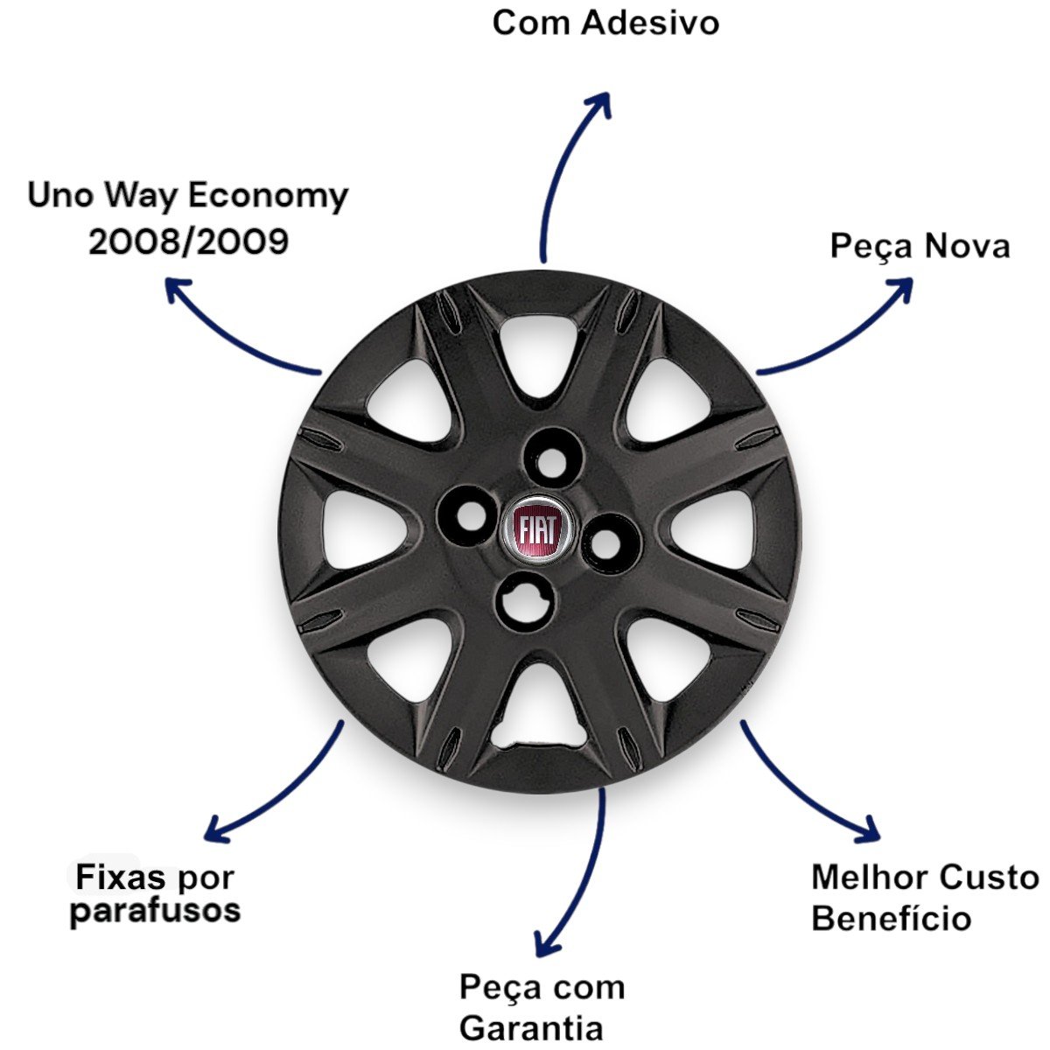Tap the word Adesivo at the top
point(650,23)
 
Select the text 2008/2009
point(189,241)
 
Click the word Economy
point(268,196)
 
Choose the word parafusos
point(155,911)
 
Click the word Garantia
point(531,1027)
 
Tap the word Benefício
point(891,919)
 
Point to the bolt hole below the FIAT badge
point(522,602)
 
